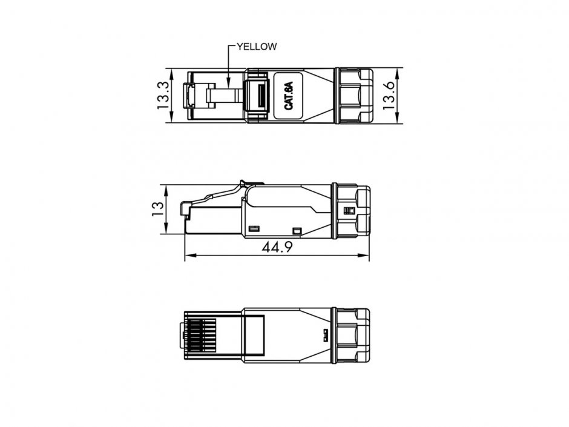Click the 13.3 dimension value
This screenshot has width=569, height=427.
(162, 95)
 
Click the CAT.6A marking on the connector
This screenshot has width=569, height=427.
(289, 95)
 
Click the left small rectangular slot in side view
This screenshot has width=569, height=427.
(254, 229)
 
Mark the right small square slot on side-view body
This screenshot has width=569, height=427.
(297, 230)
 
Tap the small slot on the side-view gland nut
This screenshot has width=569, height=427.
(348, 210)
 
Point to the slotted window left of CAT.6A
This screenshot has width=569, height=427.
(259, 95)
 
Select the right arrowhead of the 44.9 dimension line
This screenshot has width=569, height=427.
(367, 256)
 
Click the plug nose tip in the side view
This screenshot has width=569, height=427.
(183, 209)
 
